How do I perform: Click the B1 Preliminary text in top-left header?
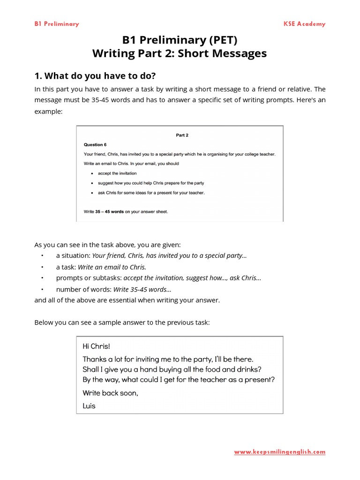tap(57, 24)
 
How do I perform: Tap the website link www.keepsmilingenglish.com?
tap(279, 452)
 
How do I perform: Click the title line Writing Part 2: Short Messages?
tap(180, 53)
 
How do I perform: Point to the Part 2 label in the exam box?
tap(182, 135)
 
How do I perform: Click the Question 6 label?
tap(95, 145)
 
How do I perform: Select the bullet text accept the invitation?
tap(117, 173)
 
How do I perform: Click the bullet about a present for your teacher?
tap(151, 193)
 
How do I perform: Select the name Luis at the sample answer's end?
tap(89, 406)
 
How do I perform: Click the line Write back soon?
tap(110, 393)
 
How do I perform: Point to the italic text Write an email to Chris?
tap(112, 267)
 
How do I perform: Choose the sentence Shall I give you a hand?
tap(172, 369)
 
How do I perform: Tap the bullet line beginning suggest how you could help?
tap(150, 183)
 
